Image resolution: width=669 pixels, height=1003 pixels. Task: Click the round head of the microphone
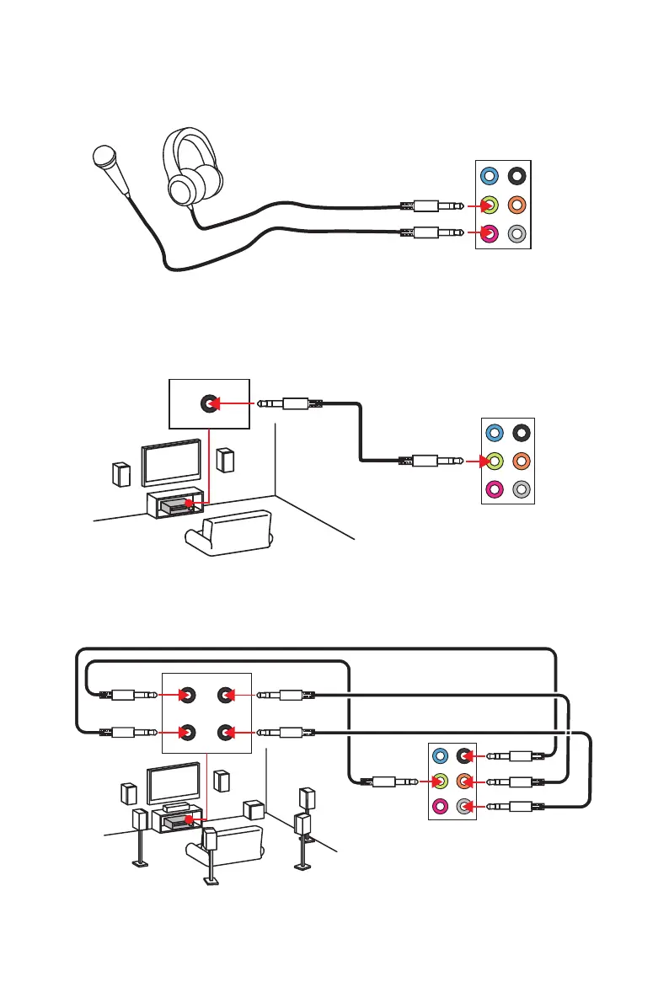click(x=104, y=157)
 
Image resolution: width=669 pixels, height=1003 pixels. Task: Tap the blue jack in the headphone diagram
click(x=489, y=177)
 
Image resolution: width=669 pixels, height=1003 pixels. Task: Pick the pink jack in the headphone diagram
click(x=489, y=234)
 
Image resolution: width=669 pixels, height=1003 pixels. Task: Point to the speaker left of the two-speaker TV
click(x=121, y=474)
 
